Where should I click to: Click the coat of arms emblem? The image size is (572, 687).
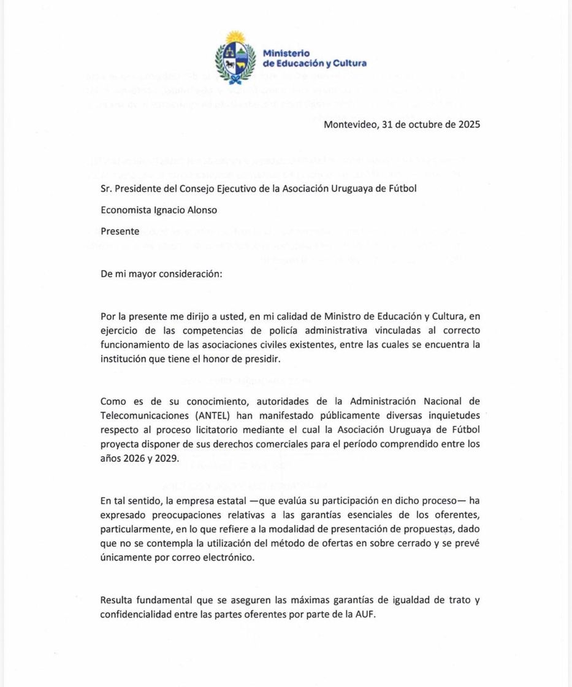click(x=235, y=59)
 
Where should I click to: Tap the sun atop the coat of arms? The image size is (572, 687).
click(x=235, y=37)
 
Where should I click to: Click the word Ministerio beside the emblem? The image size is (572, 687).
click(x=286, y=53)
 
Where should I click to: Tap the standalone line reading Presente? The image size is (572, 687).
click(x=120, y=231)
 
